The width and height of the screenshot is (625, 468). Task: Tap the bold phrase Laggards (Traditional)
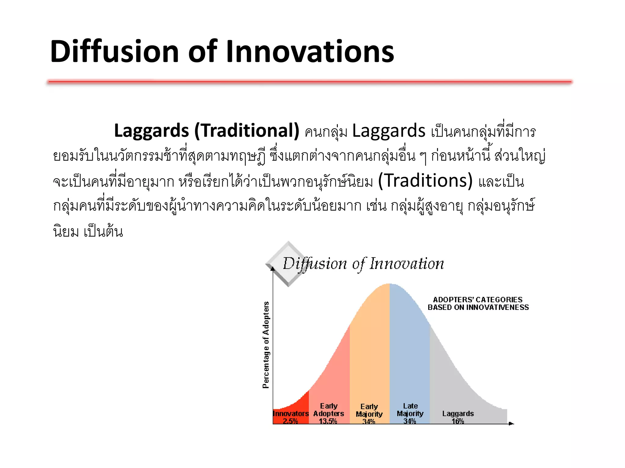pyautogui.click(x=207, y=131)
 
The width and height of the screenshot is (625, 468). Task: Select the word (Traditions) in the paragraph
pyautogui.click(x=425, y=180)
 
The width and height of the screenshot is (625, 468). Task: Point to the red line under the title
pyautogui.click(x=309, y=82)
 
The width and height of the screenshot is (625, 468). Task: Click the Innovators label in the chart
pyautogui.click(x=291, y=413)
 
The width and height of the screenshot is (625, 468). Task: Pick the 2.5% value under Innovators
pyautogui.click(x=290, y=421)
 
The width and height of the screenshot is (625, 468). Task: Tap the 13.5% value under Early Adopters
pyautogui.click(x=328, y=421)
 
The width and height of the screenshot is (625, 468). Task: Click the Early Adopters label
pyautogui.click(x=329, y=410)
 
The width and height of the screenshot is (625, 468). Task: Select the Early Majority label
pyautogui.click(x=369, y=410)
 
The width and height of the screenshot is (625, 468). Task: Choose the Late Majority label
pyautogui.click(x=410, y=410)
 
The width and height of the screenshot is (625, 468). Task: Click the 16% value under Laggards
pyautogui.click(x=458, y=421)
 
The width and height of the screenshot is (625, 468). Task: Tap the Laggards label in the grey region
pyautogui.click(x=458, y=413)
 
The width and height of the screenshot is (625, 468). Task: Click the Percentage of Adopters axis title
pyautogui.click(x=266, y=345)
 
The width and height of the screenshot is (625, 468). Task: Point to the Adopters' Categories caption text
pyautogui.click(x=478, y=303)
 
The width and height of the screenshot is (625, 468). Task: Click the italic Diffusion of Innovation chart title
pyautogui.click(x=363, y=264)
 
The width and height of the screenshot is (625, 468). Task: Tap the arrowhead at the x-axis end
pyautogui.click(x=511, y=424)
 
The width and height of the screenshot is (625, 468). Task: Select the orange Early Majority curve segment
pyautogui.click(x=370, y=350)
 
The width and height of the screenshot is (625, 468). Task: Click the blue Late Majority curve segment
pyautogui.click(x=410, y=350)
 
